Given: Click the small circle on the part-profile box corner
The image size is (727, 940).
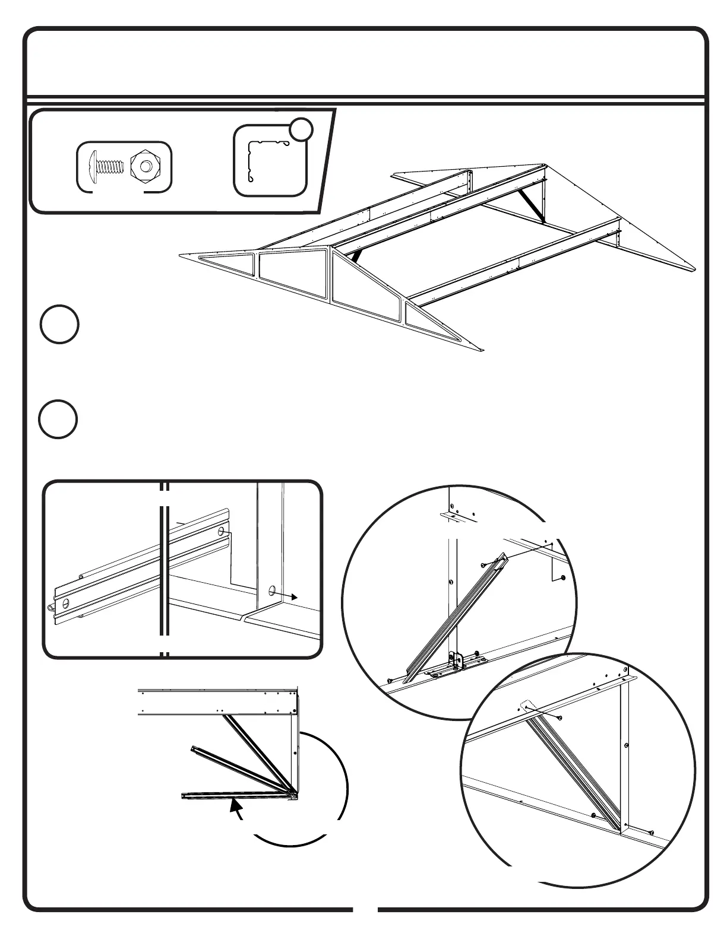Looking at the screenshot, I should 302,129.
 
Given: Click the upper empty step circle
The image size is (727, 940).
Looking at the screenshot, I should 59,325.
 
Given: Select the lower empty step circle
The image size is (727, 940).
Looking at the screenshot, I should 58,420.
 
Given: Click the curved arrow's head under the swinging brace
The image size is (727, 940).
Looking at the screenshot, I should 236,805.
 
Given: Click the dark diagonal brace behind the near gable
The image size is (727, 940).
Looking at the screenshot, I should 355,256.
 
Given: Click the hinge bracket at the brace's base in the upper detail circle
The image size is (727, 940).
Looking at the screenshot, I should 456,660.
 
